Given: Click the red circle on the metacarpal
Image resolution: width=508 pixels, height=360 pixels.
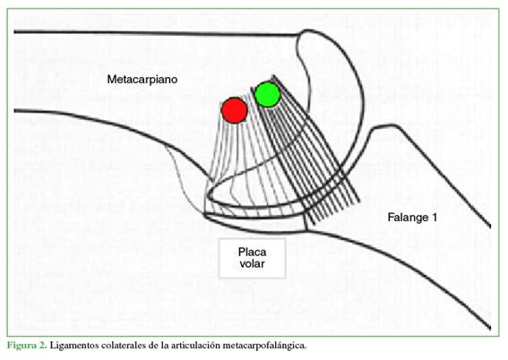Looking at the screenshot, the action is point(235,110).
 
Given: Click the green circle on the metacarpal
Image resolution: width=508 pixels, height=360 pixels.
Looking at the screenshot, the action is point(267,94).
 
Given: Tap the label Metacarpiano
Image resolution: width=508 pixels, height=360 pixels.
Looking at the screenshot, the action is point(142,80).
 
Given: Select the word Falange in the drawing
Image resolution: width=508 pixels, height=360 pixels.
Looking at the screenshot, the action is point(408,218).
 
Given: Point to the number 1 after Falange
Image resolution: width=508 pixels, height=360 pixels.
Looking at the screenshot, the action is point(434,217).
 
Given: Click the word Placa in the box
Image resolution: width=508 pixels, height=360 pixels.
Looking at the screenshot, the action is point(252,252).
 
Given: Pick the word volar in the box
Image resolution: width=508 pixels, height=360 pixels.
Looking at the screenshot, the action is point(252,263).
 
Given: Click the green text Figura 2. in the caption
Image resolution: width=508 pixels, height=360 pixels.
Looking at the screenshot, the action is point(28,346).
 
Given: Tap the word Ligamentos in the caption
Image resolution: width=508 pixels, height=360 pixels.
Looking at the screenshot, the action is point(73,346).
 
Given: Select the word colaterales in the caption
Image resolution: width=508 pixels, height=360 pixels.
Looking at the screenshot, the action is point(124,345).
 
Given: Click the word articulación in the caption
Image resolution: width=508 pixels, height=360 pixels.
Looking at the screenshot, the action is point(197,345).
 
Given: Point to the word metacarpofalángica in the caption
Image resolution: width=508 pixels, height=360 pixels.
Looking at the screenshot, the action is point(266,346).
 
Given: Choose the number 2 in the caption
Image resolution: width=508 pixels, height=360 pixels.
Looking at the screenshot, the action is point(43,345).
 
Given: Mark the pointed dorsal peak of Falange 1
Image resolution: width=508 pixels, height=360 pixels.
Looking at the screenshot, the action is point(377,125).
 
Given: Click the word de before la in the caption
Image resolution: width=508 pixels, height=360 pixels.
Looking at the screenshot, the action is point(153,345).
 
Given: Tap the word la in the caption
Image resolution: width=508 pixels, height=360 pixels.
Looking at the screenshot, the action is point(165,345).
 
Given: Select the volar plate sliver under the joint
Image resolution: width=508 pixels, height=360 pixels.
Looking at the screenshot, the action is point(256,223).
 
